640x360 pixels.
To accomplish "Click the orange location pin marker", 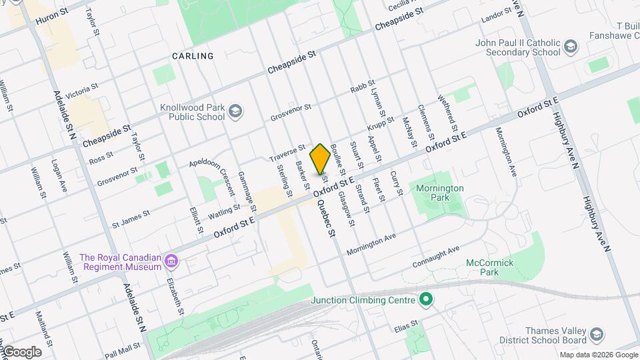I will pos(321,159).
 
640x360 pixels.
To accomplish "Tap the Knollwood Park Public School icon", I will pos(235,111).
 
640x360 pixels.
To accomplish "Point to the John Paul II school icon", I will pos(570,46).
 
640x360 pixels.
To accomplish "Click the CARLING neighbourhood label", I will pos(193,56).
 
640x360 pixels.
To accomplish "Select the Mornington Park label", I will pos(439,193).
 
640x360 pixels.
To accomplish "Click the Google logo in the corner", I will pos(21,352).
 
